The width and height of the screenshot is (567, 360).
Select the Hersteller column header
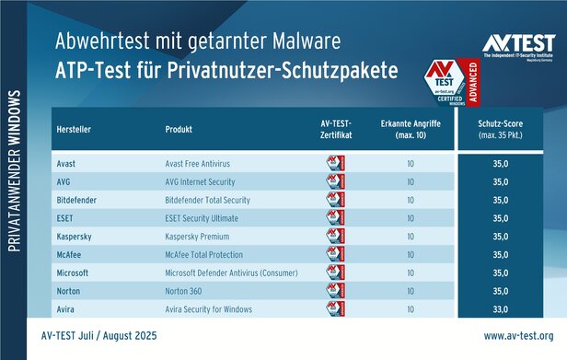[73, 128]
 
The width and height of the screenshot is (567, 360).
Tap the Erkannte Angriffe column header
[410, 128]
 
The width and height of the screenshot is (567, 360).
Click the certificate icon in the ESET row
[335, 217]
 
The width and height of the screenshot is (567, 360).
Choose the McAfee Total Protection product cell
[203, 255]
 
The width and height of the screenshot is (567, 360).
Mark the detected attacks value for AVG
[410, 180]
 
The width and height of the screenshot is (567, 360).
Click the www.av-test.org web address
[518, 336]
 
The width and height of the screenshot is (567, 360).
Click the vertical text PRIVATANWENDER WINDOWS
[15, 171]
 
